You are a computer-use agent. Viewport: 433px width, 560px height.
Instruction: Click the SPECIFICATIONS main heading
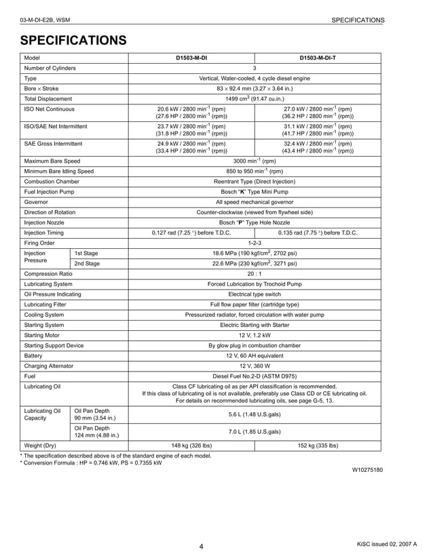73,41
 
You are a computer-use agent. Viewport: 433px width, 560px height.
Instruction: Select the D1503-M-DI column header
191,58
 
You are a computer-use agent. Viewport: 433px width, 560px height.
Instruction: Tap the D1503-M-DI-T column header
318,58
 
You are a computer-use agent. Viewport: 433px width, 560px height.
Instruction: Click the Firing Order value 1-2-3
255,243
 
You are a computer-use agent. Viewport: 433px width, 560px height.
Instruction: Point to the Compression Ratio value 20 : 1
255,274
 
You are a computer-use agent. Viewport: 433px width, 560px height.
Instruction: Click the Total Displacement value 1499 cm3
255,98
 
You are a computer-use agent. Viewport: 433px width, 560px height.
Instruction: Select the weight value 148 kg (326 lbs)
191,445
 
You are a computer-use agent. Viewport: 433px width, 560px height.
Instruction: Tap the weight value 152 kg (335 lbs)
318,445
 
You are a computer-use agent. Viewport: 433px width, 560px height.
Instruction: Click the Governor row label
36,202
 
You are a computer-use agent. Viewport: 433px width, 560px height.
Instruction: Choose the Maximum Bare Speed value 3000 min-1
255,161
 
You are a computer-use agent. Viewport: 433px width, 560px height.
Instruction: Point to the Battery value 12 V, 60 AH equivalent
255,355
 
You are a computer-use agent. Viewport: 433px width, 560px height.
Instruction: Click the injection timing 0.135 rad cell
318,233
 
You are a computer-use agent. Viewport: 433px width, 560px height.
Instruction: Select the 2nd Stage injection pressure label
87,264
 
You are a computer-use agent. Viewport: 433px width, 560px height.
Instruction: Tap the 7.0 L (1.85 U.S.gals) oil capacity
255,431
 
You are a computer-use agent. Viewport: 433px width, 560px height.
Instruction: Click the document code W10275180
367,470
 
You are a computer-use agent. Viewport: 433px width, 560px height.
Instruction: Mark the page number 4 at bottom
202,546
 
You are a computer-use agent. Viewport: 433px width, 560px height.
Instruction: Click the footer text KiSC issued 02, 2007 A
387,544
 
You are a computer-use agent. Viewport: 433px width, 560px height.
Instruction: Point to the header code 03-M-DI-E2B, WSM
50,20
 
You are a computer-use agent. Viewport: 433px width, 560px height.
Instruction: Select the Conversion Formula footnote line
91,463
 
